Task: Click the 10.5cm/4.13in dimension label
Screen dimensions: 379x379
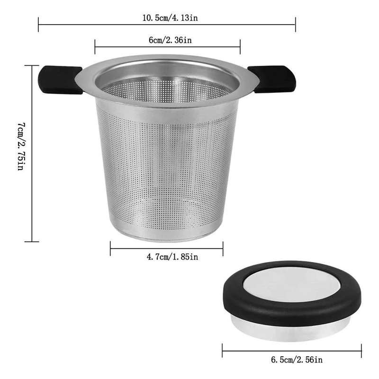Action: point(170,18)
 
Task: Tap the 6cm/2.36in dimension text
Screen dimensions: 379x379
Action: point(170,40)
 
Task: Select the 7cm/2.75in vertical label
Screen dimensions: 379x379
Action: point(21,146)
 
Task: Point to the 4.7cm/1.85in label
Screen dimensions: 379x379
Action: point(172,256)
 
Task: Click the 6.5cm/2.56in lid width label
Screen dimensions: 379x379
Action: point(297,360)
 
